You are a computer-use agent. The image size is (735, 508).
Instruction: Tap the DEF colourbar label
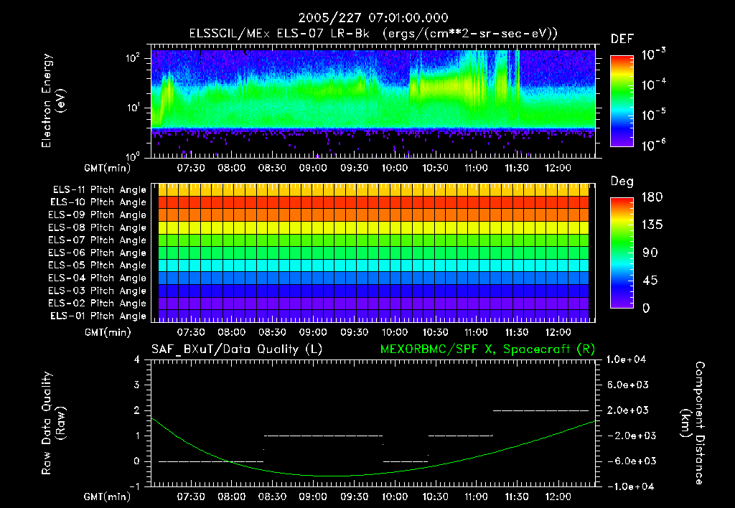click(622, 39)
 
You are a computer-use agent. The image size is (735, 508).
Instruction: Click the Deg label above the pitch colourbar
click(622, 182)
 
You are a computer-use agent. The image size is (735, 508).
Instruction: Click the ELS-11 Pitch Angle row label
click(98, 189)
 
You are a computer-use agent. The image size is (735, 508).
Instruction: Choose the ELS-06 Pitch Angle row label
click(98, 253)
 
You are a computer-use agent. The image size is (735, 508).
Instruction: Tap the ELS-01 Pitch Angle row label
click(98, 316)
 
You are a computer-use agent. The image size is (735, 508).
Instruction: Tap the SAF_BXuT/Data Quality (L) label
click(236, 349)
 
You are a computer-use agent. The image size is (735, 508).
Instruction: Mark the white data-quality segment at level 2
click(540, 410)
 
